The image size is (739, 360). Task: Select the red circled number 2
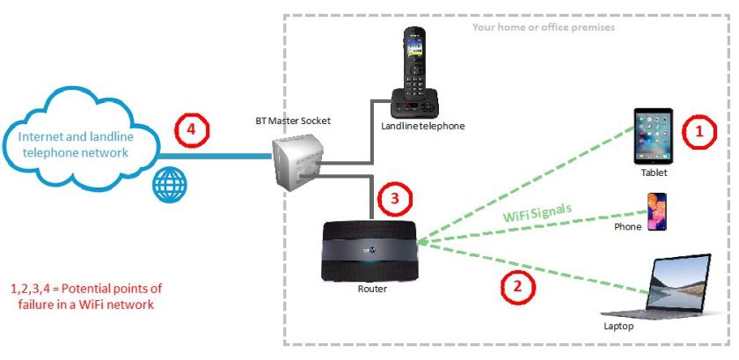(x=516, y=285)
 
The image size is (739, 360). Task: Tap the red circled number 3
(x=394, y=200)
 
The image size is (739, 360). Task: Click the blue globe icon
(x=168, y=187)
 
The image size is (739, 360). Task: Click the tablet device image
(x=653, y=135)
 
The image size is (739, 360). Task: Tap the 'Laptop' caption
(x=618, y=326)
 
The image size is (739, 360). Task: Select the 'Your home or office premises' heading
(x=543, y=27)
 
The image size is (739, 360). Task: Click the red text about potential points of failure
(x=86, y=296)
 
